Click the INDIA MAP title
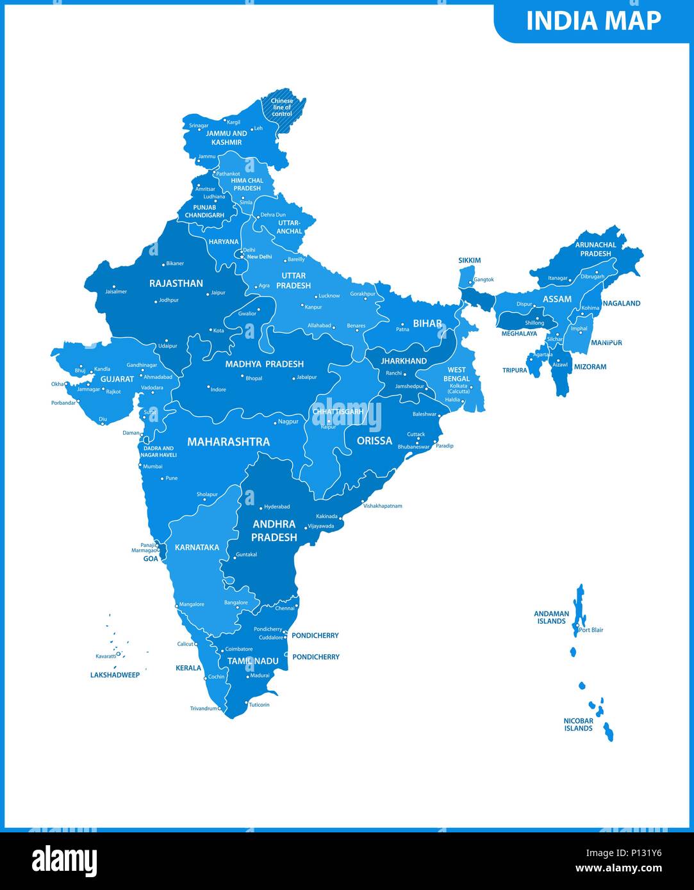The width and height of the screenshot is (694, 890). point(593,21)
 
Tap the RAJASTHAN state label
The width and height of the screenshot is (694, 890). point(176,283)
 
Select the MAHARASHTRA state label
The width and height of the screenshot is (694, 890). point(228,441)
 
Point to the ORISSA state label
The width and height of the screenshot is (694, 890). point(374,441)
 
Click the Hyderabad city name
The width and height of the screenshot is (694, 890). point(277,506)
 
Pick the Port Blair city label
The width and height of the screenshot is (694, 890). point(591,630)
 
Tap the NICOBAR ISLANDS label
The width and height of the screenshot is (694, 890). point(578,724)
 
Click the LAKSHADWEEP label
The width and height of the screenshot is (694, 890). point(115,675)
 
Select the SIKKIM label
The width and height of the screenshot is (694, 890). point(469,261)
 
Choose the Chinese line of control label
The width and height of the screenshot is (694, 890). point(282,107)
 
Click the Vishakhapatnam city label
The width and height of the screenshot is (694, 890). point(383,506)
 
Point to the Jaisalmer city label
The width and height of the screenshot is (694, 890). point(116,291)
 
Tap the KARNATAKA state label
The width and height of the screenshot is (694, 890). point(197,547)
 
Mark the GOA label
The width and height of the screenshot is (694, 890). point(151,558)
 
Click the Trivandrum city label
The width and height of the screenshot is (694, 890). point(203,708)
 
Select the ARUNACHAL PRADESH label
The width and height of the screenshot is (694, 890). point(595,249)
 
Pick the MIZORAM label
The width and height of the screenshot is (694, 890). point(590,367)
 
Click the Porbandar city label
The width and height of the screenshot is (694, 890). point(63,403)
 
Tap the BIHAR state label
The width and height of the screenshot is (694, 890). point(427,323)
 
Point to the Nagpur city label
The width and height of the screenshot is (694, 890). point(288,422)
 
